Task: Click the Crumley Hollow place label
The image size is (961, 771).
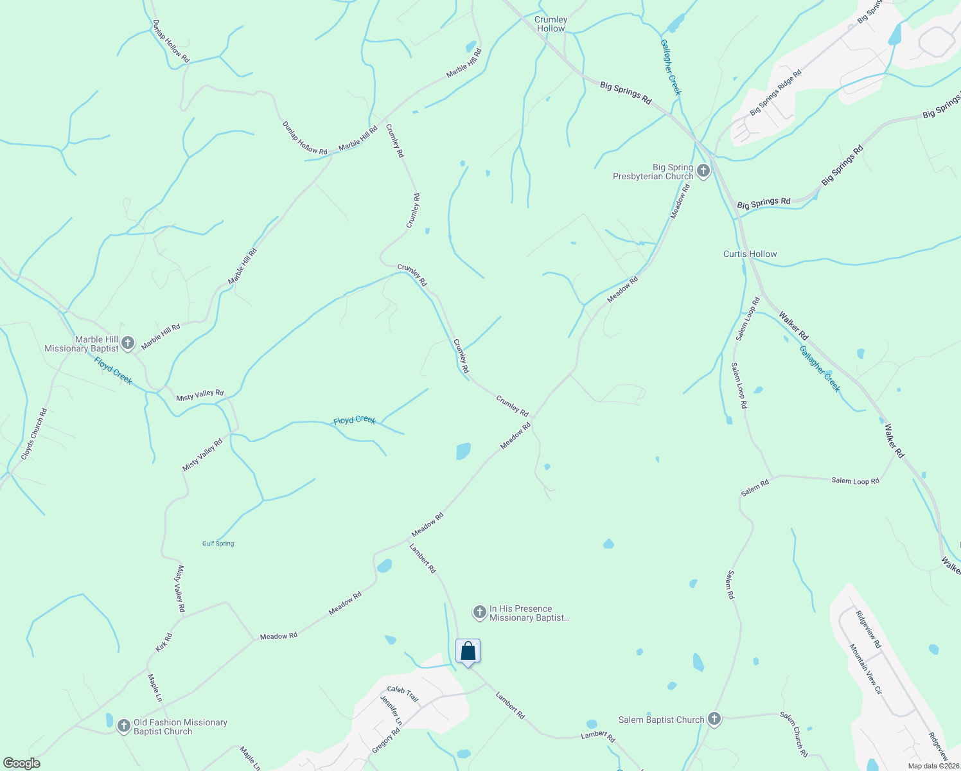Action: [551, 24]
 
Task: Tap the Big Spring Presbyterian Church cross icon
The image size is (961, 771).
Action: [703, 172]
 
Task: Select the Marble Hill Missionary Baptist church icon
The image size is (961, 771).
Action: [128, 343]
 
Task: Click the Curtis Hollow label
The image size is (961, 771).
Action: [750, 254]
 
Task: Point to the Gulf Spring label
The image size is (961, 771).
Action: [218, 544]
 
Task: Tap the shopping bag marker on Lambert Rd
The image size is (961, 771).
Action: [468, 651]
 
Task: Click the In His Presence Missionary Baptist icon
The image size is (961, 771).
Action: [479, 613]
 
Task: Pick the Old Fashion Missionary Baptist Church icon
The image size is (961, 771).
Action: [124, 727]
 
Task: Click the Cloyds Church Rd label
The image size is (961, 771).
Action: [34, 434]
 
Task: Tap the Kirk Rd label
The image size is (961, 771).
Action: [164, 642]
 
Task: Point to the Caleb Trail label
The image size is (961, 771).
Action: [403, 694]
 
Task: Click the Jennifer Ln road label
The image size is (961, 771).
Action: [391, 711]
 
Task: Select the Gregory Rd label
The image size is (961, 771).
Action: [386, 741]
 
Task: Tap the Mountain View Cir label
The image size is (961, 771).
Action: [866, 669]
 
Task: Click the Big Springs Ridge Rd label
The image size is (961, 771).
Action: [776, 93]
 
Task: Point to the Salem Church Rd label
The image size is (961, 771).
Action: [794, 734]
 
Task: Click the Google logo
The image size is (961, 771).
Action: [22, 763]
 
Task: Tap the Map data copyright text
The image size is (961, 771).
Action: [933, 766]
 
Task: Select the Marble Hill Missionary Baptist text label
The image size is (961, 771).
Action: [82, 344]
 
